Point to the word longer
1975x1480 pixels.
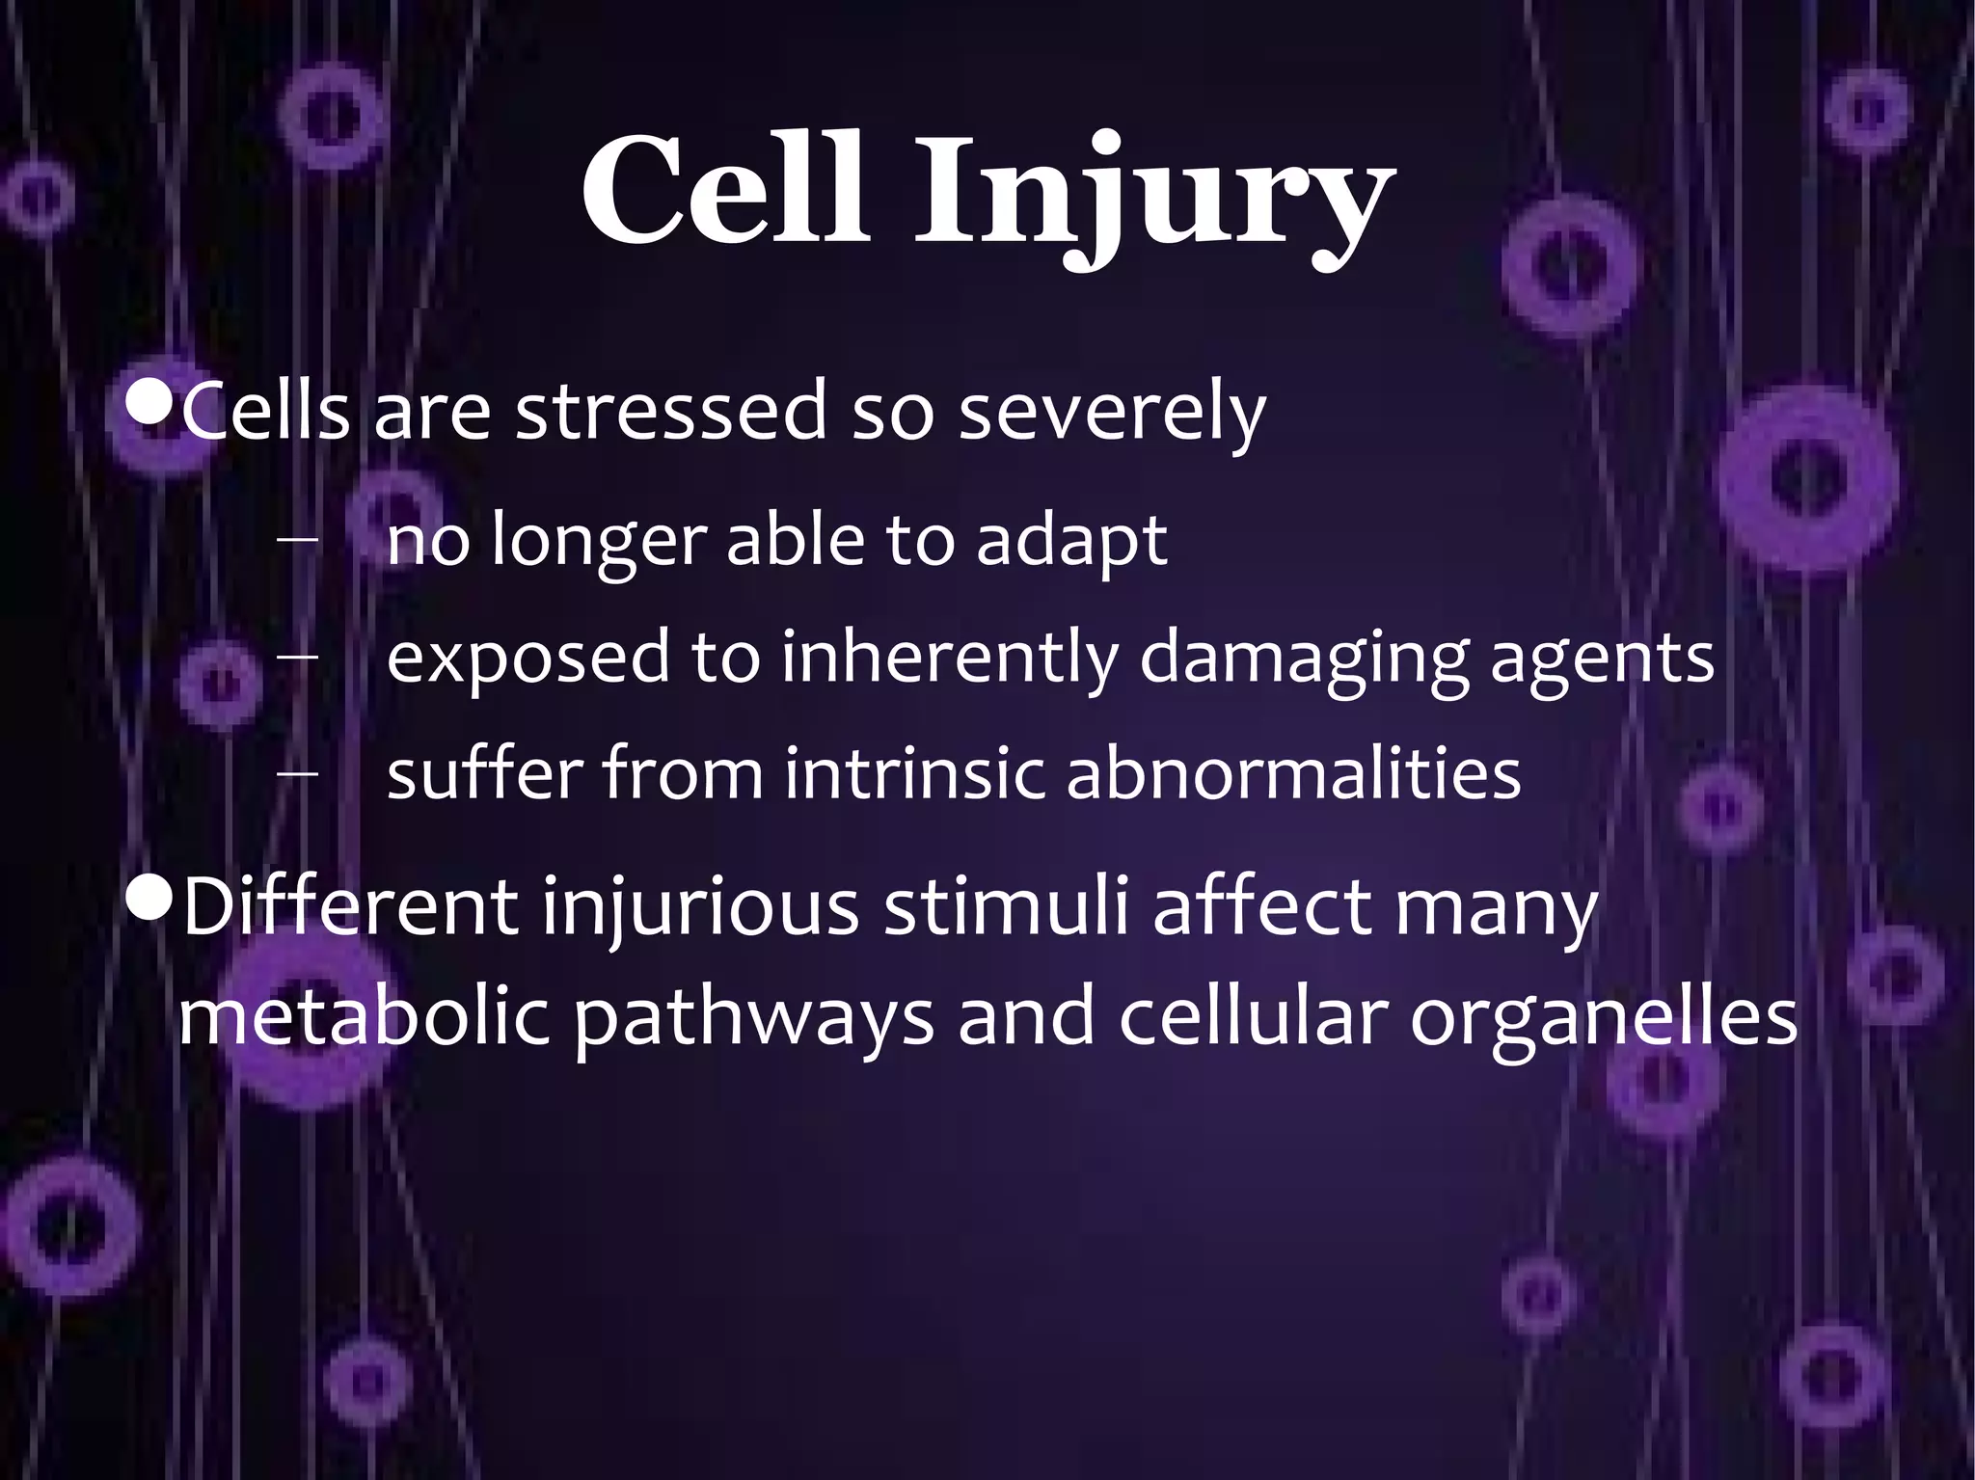(x=599, y=542)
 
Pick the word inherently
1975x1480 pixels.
(x=949, y=659)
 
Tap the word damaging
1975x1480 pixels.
(x=1304, y=659)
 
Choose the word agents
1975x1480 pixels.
(x=1602, y=660)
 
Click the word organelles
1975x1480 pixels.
(x=1604, y=1018)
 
